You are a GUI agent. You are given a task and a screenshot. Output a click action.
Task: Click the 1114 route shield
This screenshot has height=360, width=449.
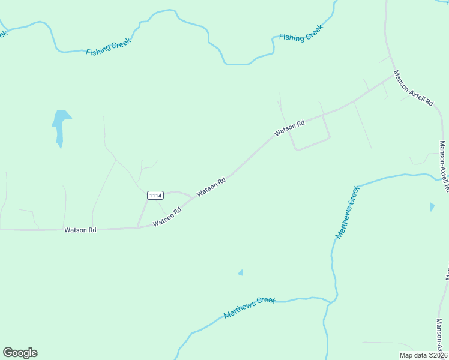pyautogui.click(x=155, y=195)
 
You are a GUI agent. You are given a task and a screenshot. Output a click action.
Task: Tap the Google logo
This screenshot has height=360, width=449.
pyautogui.click(x=20, y=353)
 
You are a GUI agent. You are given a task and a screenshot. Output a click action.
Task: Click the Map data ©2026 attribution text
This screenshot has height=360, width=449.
pyautogui.click(x=423, y=355)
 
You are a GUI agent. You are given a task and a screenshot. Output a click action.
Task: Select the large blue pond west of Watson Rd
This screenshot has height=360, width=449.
pyautogui.click(x=61, y=124)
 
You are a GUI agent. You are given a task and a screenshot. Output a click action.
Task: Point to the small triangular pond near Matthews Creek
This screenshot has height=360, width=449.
pyautogui.click(x=240, y=272)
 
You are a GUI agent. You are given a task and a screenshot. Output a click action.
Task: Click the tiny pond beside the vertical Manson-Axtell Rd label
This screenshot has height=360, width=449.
pyautogui.click(x=432, y=207)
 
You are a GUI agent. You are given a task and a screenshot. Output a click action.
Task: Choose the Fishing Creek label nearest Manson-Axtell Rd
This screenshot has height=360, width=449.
pyautogui.click(x=301, y=33)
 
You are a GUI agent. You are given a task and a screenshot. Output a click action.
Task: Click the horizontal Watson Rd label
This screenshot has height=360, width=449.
pyautogui.click(x=80, y=230)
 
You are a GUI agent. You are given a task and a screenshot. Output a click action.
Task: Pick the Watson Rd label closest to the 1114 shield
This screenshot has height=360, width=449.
pyautogui.click(x=167, y=217)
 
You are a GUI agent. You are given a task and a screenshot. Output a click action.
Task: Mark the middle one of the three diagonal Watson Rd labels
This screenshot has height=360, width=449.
pyautogui.click(x=211, y=185)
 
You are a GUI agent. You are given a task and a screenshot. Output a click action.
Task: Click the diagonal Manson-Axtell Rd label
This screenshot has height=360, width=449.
pyautogui.click(x=413, y=88)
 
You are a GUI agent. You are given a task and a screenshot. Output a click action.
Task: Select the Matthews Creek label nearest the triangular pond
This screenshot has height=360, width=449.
pyautogui.click(x=249, y=307)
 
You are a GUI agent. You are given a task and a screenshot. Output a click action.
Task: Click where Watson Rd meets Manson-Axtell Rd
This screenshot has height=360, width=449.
pyautogui.click(x=393, y=76)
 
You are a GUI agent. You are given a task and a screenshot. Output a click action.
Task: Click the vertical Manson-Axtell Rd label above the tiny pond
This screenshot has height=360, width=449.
pyautogui.click(x=444, y=166)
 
